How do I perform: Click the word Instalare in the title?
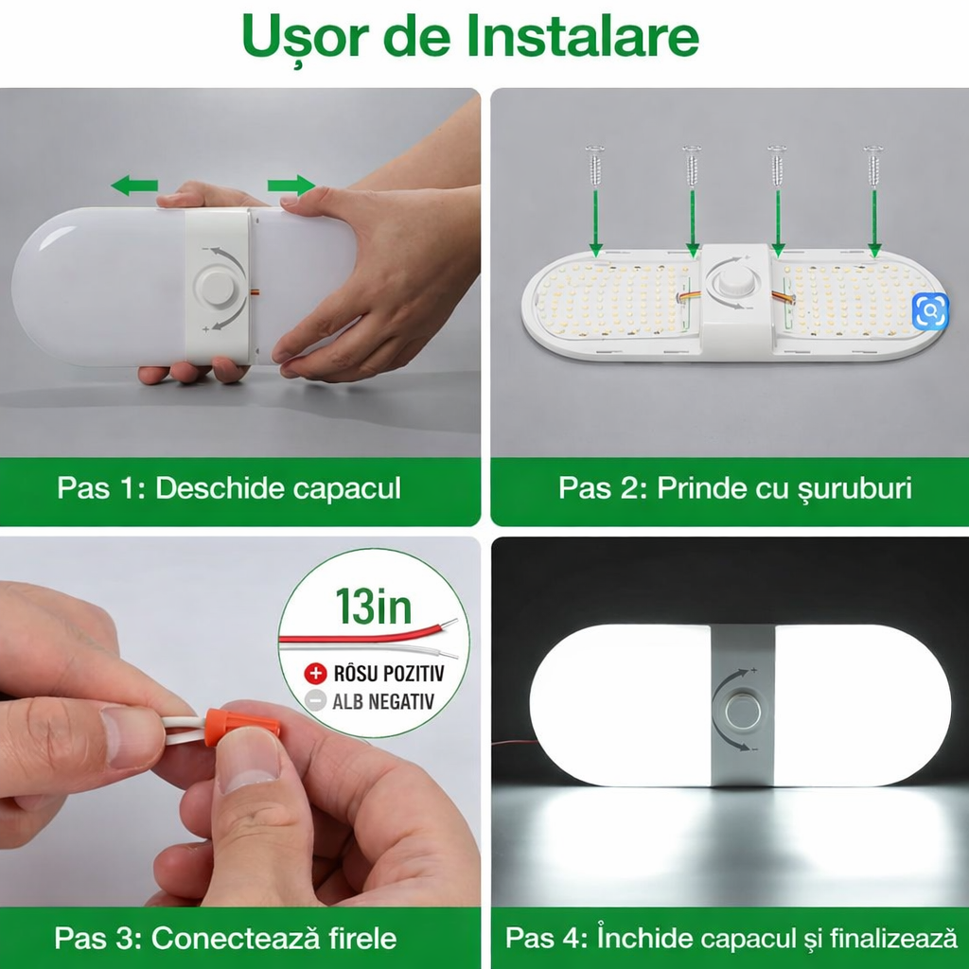[583, 37]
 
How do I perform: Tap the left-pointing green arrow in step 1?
[134, 185]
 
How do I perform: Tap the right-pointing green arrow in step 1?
[291, 185]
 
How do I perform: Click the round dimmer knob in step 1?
[218, 287]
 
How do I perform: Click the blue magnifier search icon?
[930, 310]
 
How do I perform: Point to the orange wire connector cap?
[243, 728]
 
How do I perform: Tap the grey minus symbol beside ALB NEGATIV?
[314, 700]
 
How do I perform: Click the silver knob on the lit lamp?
[741, 709]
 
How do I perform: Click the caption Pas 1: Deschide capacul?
[229, 488]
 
